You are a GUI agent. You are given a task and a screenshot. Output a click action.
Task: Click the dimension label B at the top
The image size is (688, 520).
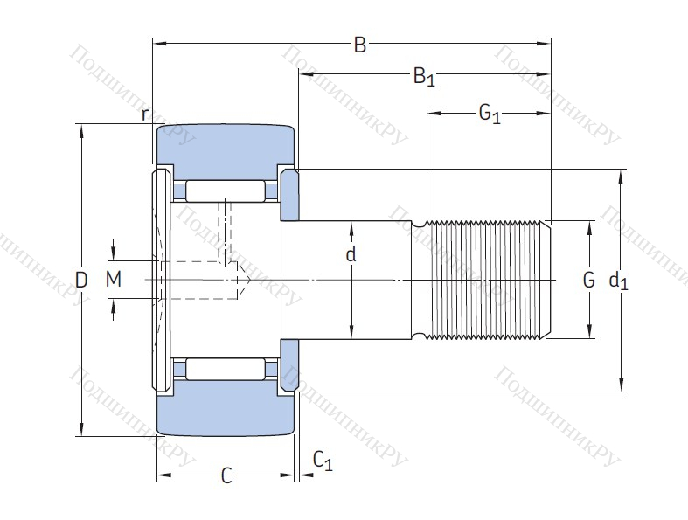click(x=359, y=45)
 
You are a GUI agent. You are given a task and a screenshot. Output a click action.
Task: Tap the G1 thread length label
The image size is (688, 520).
click(x=489, y=113)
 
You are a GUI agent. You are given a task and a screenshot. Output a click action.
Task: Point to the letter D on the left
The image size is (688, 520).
click(x=81, y=280)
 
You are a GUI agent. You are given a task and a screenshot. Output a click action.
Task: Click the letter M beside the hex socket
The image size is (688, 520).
click(x=113, y=280)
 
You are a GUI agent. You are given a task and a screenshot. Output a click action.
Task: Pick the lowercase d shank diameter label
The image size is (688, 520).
click(x=351, y=255)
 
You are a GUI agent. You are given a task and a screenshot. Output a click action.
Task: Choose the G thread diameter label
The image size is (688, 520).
click(x=588, y=280)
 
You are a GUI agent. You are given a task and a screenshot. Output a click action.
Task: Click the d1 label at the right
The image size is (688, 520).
click(x=618, y=281)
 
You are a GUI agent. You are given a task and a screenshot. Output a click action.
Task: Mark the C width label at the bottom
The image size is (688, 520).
click(x=226, y=476)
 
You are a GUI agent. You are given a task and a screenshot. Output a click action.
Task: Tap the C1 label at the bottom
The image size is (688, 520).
click(x=323, y=461)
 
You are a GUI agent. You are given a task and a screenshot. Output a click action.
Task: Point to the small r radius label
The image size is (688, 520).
click(x=146, y=114)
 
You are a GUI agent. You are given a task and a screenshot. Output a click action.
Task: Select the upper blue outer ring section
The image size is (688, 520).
click(x=226, y=143)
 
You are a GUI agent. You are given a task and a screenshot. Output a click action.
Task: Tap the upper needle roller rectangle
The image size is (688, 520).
click(x=226, y=191)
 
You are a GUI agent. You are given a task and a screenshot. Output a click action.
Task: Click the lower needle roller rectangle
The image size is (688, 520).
click(x=226, y=368)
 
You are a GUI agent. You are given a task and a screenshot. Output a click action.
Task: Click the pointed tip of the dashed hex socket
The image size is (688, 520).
click(x=251, y=280)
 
